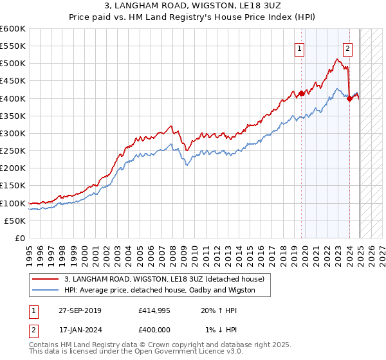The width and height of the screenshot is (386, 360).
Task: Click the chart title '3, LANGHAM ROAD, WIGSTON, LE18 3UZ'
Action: [193, 6]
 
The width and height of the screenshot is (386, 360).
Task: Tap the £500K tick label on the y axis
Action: [13, 64]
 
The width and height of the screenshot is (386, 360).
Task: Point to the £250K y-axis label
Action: [13, 151]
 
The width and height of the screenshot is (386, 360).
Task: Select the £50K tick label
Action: [15, 221]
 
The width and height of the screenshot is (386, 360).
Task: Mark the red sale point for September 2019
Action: [301, 93]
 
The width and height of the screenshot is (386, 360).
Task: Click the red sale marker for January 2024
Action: [349, 98]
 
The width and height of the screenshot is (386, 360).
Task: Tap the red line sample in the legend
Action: [46, 279]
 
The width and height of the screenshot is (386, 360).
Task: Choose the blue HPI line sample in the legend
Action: [46, 290]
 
